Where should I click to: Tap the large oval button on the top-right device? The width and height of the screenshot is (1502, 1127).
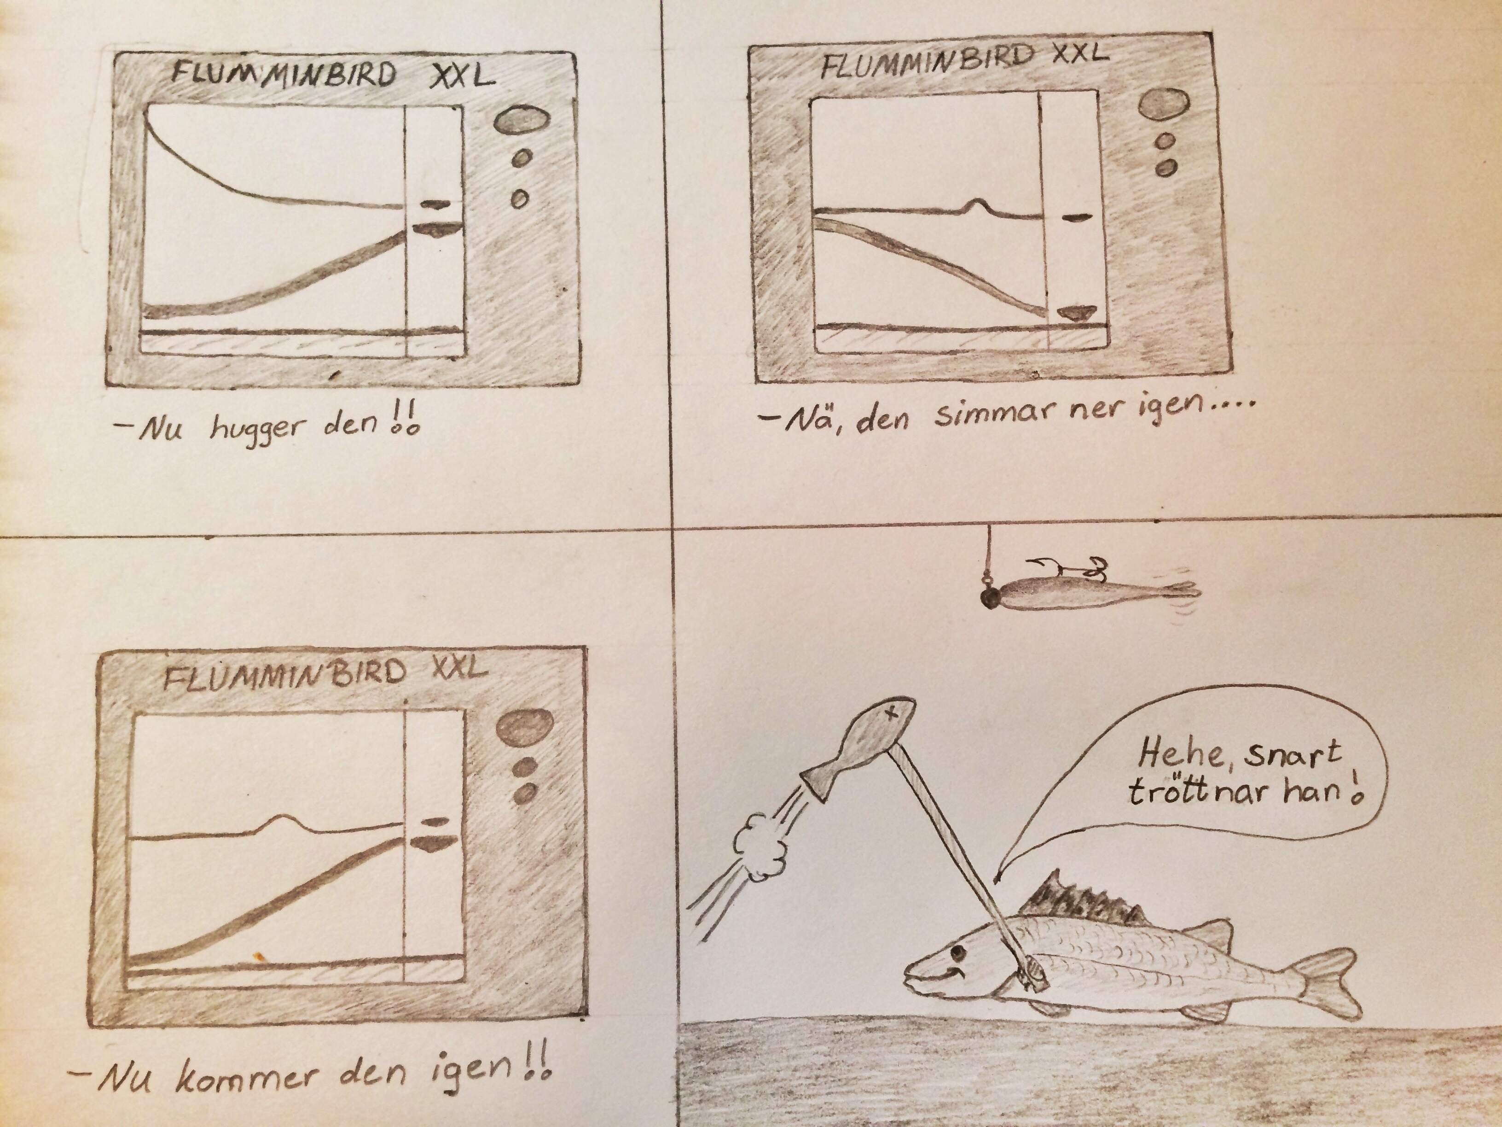[x=1164, y=105]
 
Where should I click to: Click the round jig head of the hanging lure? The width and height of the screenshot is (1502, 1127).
[x=986, y=598]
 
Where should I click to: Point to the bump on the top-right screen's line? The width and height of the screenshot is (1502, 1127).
[x=976, y=205]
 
